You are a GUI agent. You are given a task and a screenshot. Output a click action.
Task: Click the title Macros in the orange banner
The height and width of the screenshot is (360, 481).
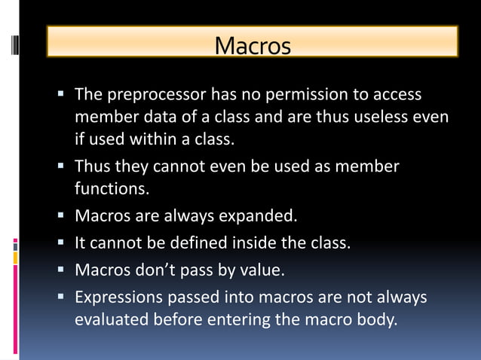pyautogui.click(x=252, y=46)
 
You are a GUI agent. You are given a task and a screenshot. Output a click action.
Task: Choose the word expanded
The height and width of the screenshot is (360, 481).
pyautogui.click(x=258, y=217)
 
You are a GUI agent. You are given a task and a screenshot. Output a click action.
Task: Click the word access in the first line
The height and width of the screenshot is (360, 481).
pyautogui.click(x=396, y=96)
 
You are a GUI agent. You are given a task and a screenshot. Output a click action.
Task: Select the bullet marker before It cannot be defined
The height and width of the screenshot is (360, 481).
pyautogui.click(x=61, y=243)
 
